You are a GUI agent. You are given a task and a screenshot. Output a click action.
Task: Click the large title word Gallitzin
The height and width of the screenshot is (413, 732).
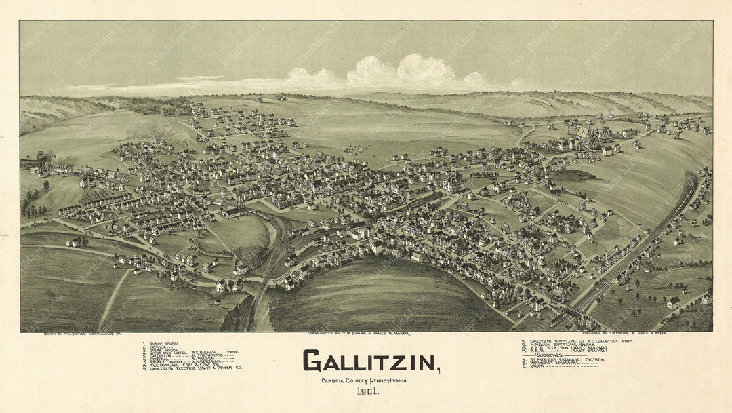click(369, 361)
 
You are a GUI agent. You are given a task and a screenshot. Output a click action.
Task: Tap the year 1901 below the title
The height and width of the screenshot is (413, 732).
click(369, 392)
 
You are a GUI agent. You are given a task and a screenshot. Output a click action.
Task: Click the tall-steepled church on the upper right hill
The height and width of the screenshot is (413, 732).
click(588, 136)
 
